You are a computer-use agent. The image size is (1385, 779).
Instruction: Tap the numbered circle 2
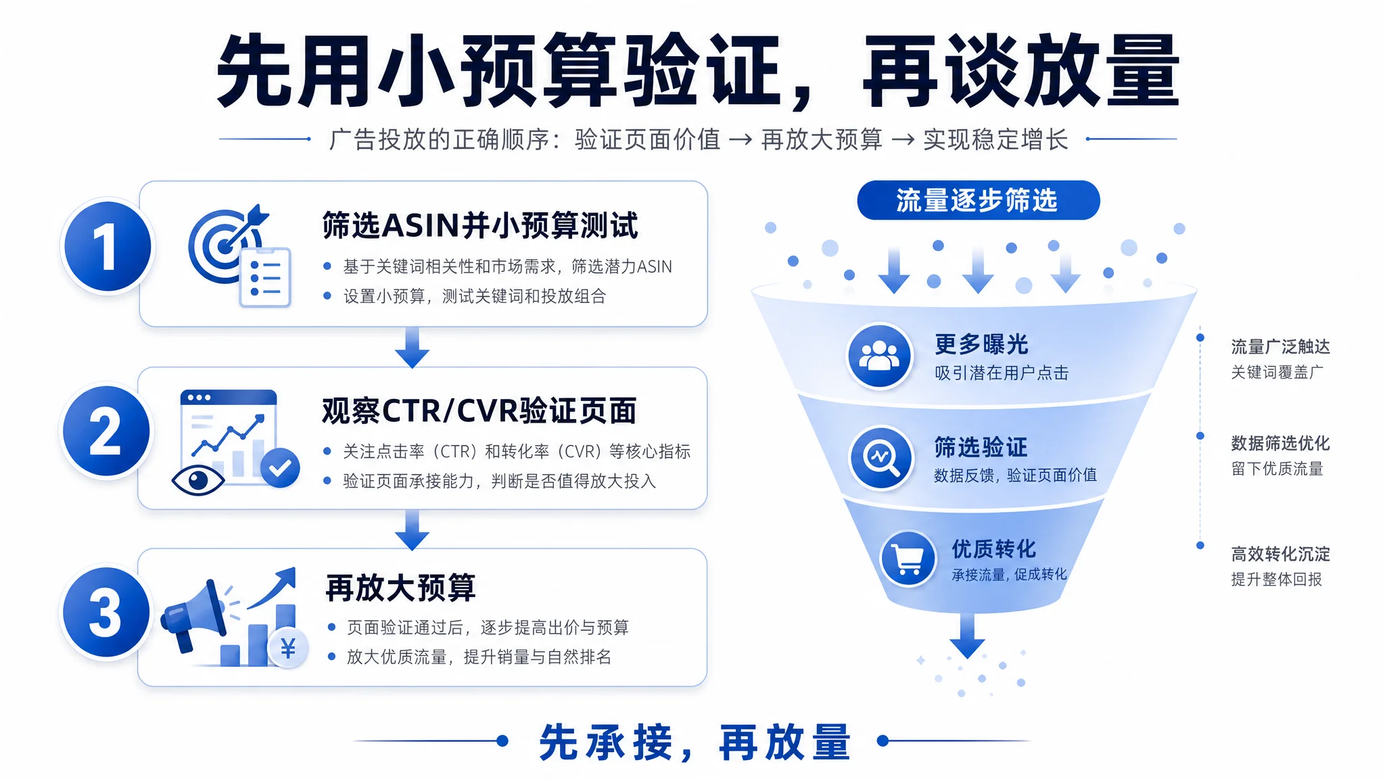(106, 431)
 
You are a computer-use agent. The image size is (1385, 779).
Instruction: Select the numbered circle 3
(106, 612)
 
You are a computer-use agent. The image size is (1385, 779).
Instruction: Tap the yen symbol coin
(288, 648)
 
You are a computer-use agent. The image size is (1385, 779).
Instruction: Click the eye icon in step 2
(198, 480)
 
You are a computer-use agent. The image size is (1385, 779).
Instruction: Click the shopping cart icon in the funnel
(908, 559)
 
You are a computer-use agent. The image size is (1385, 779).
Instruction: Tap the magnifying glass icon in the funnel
(881, 458)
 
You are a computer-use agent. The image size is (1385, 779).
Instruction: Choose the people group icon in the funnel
(879, 356)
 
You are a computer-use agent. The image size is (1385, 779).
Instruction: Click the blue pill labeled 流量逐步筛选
(978, 200)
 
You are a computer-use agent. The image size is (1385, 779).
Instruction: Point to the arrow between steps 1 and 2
(412, 348)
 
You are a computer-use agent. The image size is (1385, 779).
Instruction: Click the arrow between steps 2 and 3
(412, 530)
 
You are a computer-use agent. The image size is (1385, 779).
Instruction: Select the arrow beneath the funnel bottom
(968, 636)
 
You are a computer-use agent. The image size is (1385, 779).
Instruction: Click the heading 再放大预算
(401, 588)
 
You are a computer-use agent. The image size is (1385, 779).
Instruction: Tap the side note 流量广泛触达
(1280, 347)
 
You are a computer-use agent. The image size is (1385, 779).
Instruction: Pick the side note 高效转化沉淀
(1280, 554)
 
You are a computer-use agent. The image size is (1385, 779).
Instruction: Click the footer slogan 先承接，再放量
(695, 742)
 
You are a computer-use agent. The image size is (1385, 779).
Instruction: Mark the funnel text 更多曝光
(981, 344)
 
